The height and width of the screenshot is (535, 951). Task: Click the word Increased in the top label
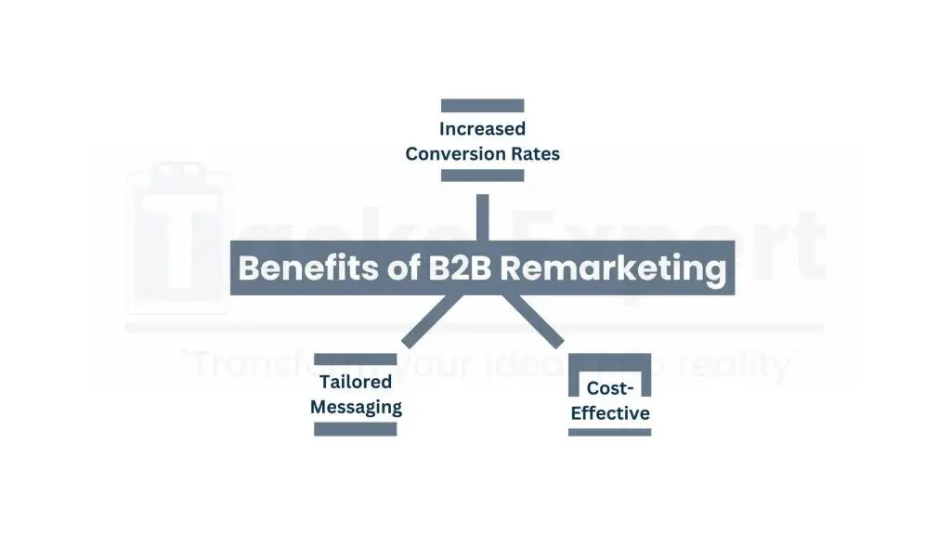[x=482, y=129]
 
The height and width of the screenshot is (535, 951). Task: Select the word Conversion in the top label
[x=450, y=154]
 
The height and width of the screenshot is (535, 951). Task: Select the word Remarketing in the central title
[x=613, y=268]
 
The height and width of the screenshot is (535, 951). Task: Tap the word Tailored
[x=356, y=382]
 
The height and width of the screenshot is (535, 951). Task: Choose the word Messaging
[x=356, y=407]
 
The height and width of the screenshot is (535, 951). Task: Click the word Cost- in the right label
[x=610, y=389]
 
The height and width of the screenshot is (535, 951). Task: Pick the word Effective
[x=610, y=413]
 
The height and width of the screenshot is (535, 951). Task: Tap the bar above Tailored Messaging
[x=356, y=359]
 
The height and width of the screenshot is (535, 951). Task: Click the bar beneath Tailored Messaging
[x=356, y=429]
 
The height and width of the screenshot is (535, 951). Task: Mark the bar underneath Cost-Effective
[x=609, y=432]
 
